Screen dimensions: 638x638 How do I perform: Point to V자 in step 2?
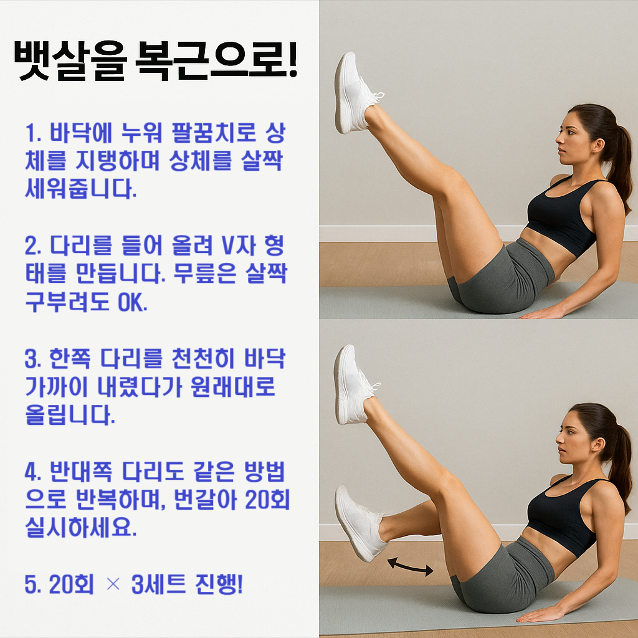pyautogui.click(x=238, y=247)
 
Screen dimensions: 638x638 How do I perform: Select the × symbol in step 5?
pyautogui.click(x=112, y=585)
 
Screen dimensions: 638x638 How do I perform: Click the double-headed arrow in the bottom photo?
pyautogui.click(x=410, y=566)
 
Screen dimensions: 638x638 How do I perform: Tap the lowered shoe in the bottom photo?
pyautogui.click(x=359, y=522)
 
